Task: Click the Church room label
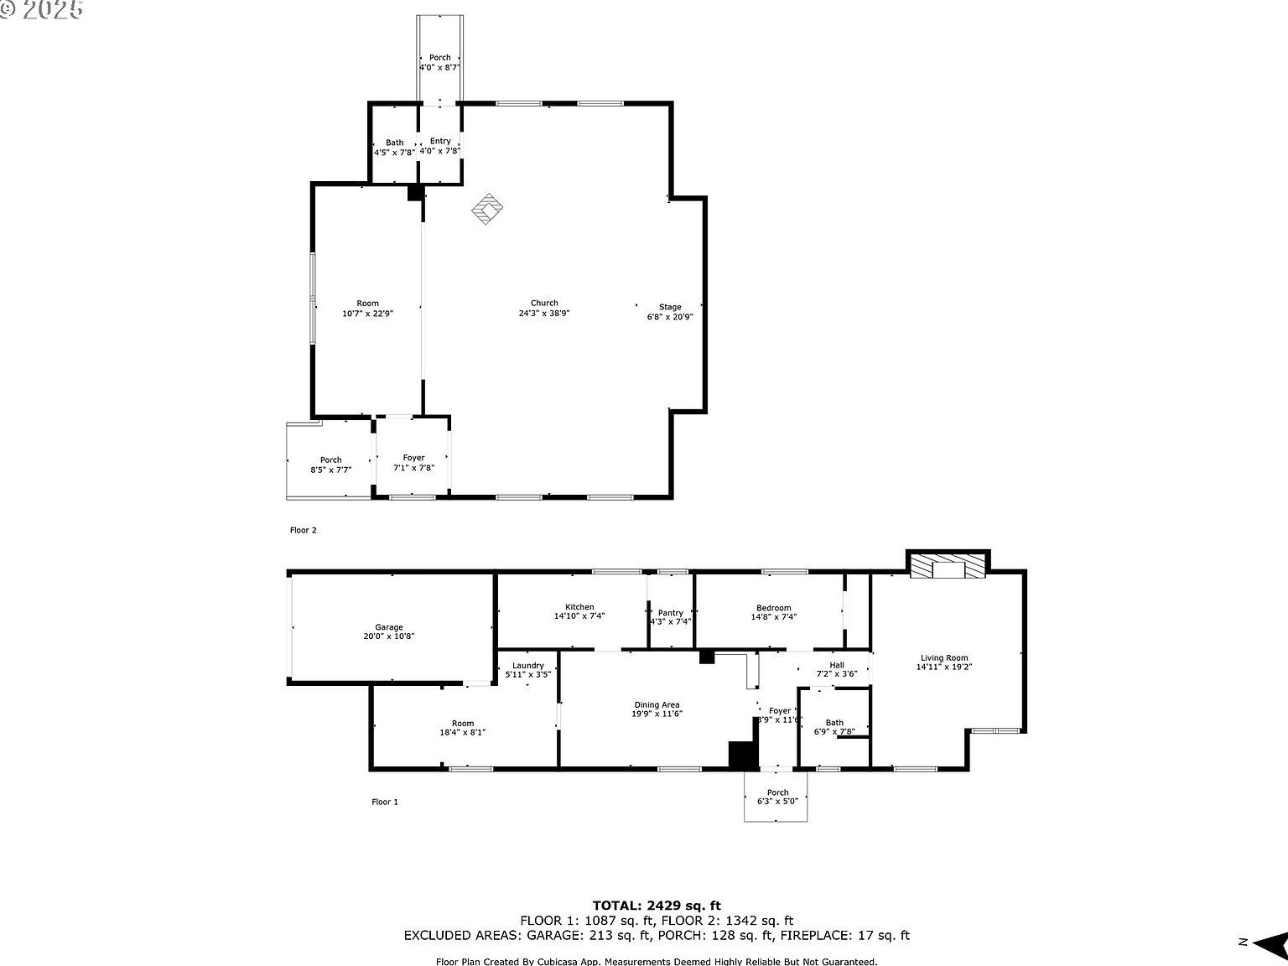[544, 309]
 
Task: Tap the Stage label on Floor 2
[669, 312]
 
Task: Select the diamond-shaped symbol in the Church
[486, 210]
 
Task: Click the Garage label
[389, 631]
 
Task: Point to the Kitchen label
[579, 611]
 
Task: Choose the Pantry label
[670, 617]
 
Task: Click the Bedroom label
[773, 612]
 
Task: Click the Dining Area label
[657, 709]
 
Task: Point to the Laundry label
[528, 670]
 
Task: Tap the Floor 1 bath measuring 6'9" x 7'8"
[834, 727]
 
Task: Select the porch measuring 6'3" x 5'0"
[777, 797]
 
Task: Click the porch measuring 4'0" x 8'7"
[439, 62]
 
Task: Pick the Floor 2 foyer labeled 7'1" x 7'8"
[413, 463]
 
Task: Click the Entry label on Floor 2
[440, 146]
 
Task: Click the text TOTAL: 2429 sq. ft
[657, 905]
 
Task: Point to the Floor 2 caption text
[304, 530]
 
